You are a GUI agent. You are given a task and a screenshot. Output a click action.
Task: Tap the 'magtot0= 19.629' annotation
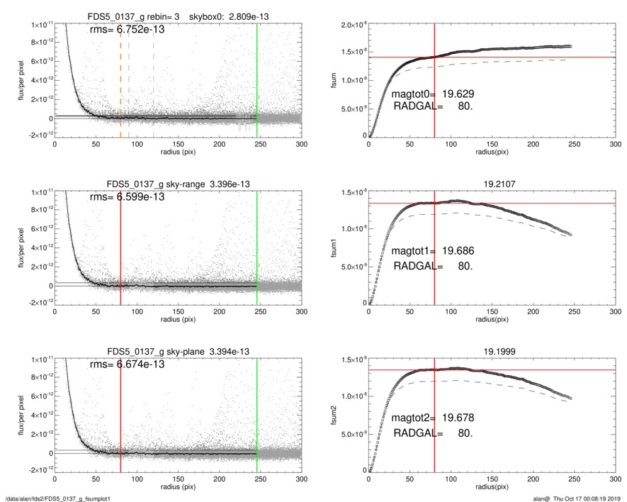[x=432, y=94]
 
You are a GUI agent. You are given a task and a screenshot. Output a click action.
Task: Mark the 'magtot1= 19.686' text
[x=432, y=252]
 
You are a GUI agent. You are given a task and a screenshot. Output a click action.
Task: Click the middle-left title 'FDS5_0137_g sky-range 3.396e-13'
[x=178, y=184]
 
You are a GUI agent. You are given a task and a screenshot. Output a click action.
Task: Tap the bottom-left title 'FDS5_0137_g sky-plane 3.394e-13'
[x=178, y=351]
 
